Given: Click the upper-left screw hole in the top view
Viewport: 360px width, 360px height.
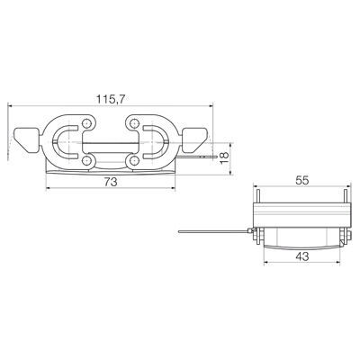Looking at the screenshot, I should coord(88,121).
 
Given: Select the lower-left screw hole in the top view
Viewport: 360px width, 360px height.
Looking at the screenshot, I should coord(88,159).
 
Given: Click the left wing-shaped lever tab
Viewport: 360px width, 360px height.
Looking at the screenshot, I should coord(25,140).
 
